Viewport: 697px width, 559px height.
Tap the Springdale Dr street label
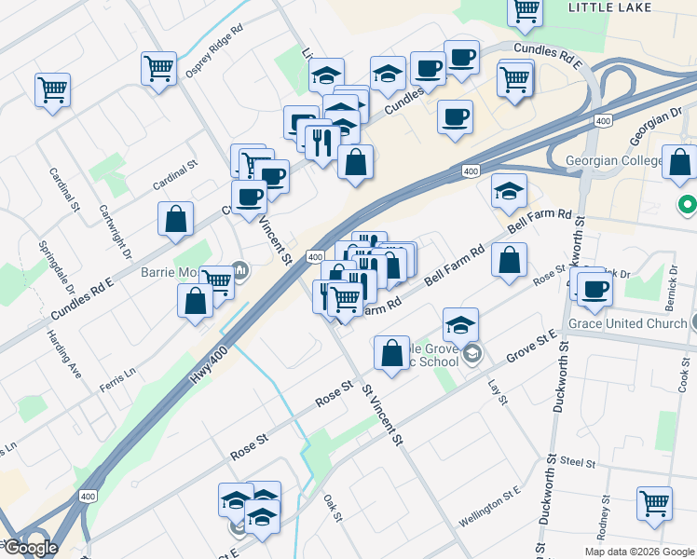pyautogui.click(x=49, y=266)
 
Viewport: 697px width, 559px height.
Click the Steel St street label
pyautogui.click(x=578, y=461)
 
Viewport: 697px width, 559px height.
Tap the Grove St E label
pyautogui.click(x=531, y=345)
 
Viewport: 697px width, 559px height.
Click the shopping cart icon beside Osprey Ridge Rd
pyautogui.click(x=158, y=68)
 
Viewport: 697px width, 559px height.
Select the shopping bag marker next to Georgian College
pyautogui.click(x=681, y=161)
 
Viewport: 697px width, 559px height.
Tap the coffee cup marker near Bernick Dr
pyautogui.click(x=594, y=287)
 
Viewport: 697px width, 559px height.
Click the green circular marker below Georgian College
pyautogui.click(x=688, y=204)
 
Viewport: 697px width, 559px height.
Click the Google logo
pyautogui.click(x=31, y=548)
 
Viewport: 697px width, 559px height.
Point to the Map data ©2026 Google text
pyautogui.click(x=638, y=552)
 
